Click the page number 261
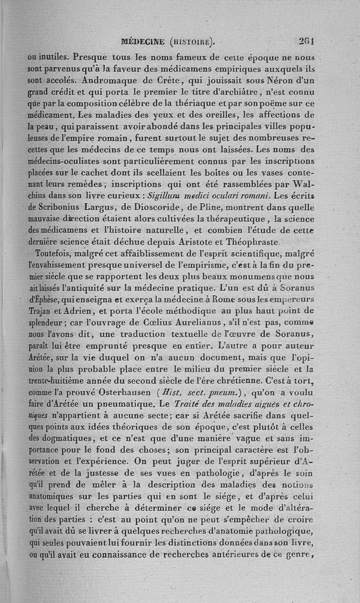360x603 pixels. click(306, 41)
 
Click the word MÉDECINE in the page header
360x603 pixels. click(143, 42)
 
